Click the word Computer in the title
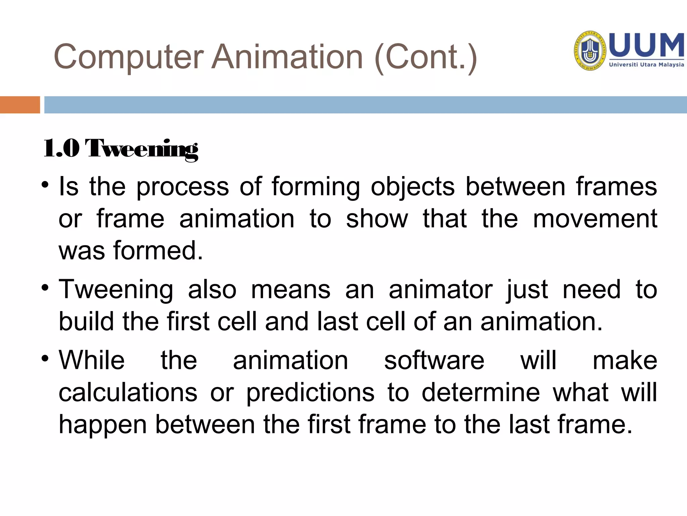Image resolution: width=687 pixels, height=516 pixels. tap(128, 57)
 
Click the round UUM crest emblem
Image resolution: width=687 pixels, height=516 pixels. tap(590, 51)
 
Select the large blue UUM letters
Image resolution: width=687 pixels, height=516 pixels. tap(646, 45)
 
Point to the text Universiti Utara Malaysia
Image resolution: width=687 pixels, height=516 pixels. tap(646, 64)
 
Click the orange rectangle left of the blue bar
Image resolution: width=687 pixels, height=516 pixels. tap(20, 105)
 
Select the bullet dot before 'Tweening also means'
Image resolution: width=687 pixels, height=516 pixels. tap(45, 288)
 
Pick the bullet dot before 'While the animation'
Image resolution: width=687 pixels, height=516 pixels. tap(45, 359)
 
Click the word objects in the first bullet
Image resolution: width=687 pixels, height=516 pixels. tap(413, 187)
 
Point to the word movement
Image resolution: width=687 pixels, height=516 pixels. tap(595, 219)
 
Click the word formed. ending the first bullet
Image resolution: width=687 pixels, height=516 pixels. tap(158, 251)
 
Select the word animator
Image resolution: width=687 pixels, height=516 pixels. tap(440, 290)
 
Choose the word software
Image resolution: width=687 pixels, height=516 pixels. tap(434, 360)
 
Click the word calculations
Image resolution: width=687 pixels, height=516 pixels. tap(128, 392)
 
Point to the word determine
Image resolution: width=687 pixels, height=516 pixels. tap(481, 392)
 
